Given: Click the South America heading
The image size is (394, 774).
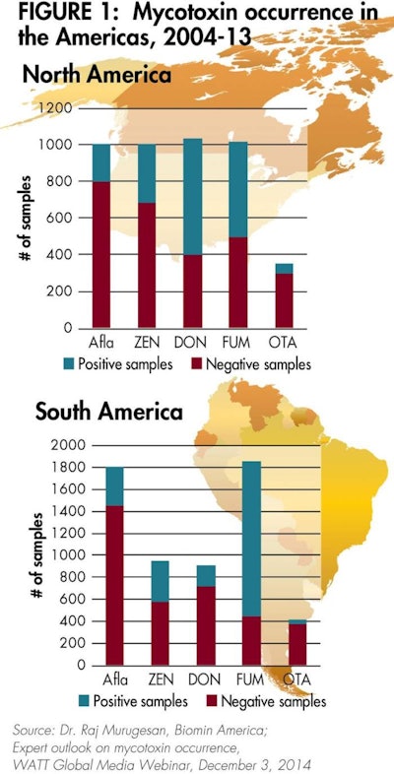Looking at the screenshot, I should point(107,412).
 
